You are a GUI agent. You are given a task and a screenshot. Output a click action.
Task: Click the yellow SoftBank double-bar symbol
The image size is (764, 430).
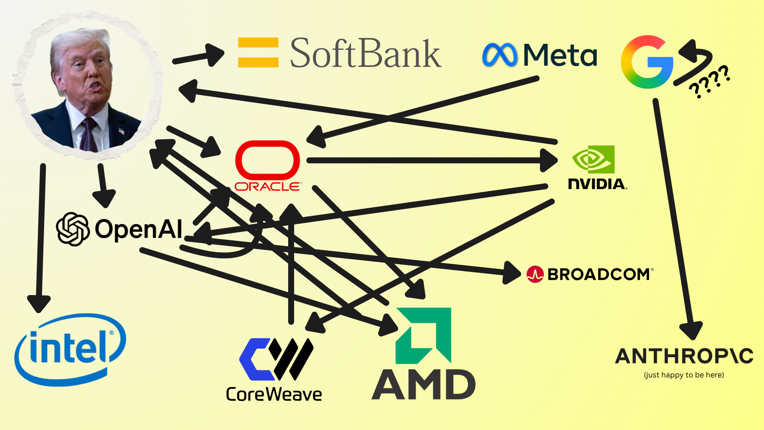pos(258,52)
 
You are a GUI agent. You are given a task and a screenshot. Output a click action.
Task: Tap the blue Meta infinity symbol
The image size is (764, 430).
pos(499,55)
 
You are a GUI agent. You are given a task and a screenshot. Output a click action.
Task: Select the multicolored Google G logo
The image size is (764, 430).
pos(647,62)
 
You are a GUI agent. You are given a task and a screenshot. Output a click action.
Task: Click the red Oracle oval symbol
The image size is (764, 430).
pos(267,160)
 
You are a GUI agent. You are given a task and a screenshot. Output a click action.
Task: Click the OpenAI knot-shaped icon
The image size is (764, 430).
pos(72,229)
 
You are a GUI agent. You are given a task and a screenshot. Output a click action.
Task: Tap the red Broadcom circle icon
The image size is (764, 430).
pos(535,274)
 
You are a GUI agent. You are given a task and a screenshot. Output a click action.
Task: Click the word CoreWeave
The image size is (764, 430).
pos(274,395)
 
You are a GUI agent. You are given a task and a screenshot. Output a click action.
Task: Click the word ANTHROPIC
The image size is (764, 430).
pos(684,356)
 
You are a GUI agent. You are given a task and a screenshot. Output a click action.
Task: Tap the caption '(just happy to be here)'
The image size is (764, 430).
pos(684,375)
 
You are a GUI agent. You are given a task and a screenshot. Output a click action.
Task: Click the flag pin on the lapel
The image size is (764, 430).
pos(121,131)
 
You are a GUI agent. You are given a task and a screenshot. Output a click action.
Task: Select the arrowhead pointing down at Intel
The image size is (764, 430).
pos(39,303)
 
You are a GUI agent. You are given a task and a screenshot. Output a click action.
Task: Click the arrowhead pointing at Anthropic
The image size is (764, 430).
pos(691,330)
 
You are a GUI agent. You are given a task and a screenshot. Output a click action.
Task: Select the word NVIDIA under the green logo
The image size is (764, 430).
pos(597,184)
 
